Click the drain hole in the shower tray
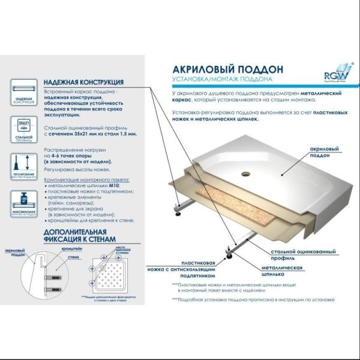pyautogui.click(x=245, y=175)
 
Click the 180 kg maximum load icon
pyautogui.click(x=23, y=204)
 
